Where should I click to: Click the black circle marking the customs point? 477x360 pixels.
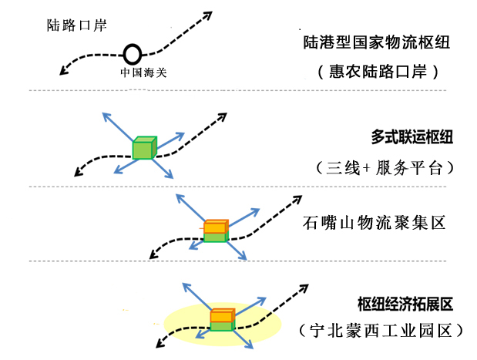click(133, 55)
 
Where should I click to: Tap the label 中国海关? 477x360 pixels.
click(143, 73)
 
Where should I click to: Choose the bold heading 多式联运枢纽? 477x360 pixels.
click(411, 138)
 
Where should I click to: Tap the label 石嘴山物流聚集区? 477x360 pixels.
click(375, 225)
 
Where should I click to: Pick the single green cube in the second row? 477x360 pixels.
click(143, 148)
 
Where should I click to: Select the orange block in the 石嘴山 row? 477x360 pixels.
click(216, 227)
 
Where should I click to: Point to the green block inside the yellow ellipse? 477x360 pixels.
click(222, 326)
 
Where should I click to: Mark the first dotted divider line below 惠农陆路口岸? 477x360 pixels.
click(231, 91)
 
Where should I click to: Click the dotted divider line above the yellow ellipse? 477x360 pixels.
click(231, 261)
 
